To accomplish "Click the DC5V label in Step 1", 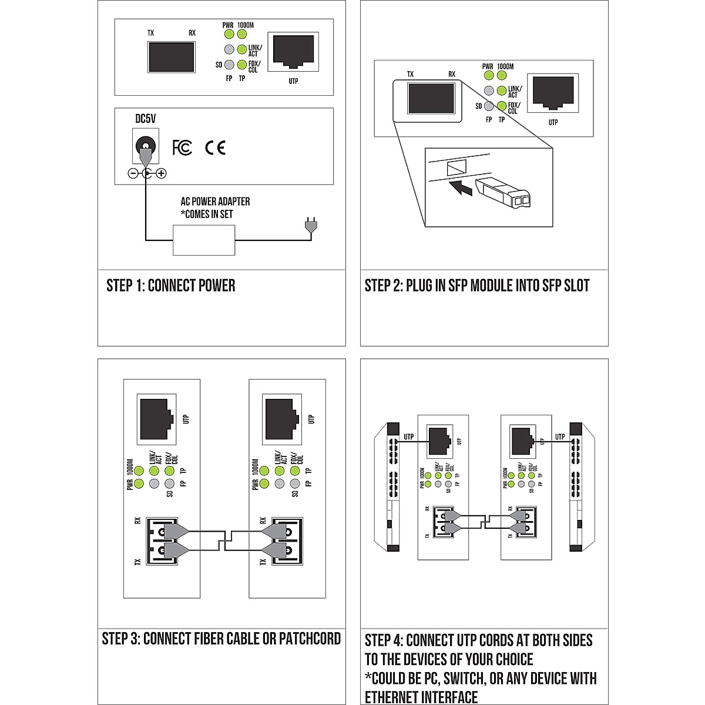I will [146, 119].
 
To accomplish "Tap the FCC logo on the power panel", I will [182, 147].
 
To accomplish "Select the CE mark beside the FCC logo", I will [215, 147].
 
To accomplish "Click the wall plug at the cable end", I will [310, 226].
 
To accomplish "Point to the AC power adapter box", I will [204, 240].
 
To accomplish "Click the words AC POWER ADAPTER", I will [215, 202].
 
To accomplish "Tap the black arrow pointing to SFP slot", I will [460, 188].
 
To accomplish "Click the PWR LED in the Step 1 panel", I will [229, 34].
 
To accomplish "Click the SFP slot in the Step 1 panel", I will [171, 57].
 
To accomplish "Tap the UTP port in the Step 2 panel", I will [553, 93].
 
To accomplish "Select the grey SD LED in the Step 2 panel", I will [488, 106].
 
